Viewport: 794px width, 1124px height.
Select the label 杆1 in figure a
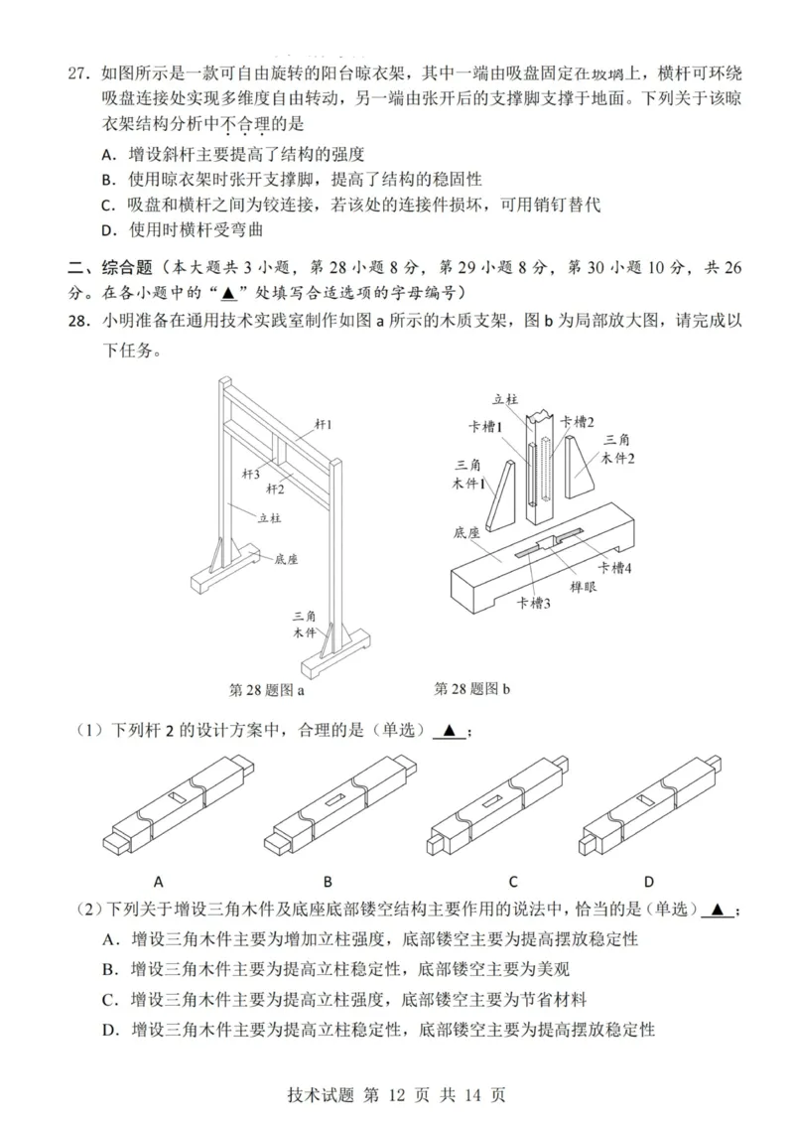click(323, 425)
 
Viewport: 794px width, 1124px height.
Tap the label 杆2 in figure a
click(274, 490)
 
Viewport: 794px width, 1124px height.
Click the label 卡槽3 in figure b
click(533, 602)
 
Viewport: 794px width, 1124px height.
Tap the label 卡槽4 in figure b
click(613, 567)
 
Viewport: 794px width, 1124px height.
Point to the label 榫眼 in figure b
click(583, 588)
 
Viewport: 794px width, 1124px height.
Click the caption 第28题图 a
click(266, 689)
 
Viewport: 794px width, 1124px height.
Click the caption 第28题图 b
click(471, 688)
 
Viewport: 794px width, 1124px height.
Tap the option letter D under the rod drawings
click(648, 881)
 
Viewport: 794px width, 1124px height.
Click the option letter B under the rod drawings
click(328, 881)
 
